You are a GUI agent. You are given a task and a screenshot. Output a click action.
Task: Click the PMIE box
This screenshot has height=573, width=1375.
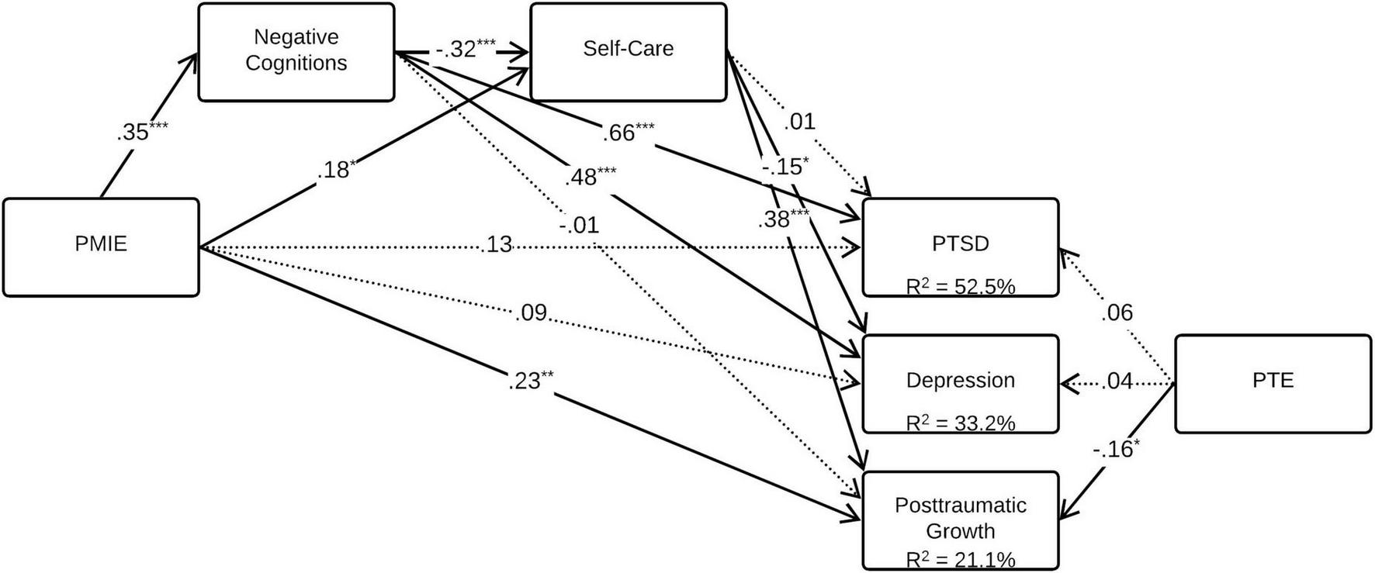101,247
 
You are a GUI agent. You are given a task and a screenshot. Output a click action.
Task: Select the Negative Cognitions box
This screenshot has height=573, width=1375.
296,51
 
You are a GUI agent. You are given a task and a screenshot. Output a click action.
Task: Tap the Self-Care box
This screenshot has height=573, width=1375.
628,51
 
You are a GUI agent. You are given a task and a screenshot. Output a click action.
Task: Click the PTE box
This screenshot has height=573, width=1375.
1273,383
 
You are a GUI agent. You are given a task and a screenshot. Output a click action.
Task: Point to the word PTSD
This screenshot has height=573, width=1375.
960,243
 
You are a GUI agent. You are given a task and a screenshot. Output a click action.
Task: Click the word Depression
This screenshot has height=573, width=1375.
960,380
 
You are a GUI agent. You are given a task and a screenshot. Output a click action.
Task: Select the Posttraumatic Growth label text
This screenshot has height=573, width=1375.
960,517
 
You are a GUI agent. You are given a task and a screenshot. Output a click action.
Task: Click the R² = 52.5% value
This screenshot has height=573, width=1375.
960,286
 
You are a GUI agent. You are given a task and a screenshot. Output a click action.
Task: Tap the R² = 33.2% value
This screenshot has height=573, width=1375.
960,423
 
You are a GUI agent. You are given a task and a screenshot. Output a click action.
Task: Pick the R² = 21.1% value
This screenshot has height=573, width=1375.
960,559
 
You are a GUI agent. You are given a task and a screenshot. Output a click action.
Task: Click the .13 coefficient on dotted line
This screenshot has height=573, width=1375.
497,244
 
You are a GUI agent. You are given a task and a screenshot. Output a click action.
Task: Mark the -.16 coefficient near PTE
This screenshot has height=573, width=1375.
1116,449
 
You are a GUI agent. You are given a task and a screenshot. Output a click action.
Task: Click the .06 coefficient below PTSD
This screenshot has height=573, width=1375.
1117,312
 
